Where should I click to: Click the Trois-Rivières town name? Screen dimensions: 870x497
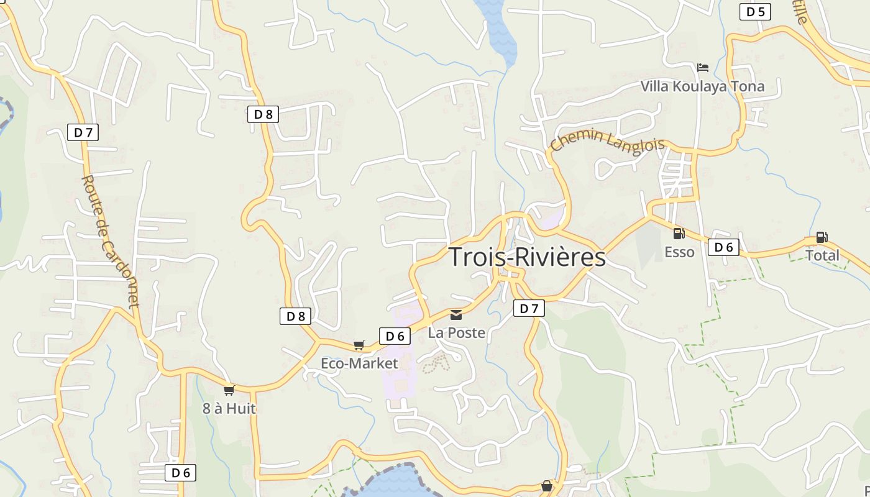click(x=527, y=257)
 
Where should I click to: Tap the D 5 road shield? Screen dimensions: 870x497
click(x=755, y=12)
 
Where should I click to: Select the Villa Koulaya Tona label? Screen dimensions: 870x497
click(x=702, y=86)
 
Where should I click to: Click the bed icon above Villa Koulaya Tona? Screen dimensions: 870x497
click(x=703, y=67)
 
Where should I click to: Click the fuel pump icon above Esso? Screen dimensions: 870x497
click(x=679, y=234)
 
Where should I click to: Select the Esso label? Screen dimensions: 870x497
click(x=679, y=252)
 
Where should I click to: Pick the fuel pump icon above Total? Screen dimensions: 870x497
click(x=822, y=237)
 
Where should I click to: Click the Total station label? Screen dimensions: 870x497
click(x=822, y=255)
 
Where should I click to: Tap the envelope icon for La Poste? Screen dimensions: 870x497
click(x=457, y=315)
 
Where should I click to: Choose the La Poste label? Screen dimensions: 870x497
click(x=457, y=333)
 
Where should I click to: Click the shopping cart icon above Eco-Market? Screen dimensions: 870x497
click(x=359, y=345)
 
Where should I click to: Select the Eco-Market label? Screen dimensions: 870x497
click(x=359, y=363)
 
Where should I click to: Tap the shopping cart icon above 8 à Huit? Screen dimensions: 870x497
click(x=229, y=390)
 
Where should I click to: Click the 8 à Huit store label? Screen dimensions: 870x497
click(x=229, y=409)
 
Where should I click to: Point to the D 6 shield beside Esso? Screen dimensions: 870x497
click(x=724, y=247)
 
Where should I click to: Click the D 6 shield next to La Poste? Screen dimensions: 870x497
click(x=395, y=336)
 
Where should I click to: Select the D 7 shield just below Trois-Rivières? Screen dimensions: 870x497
click(x=529, y=308)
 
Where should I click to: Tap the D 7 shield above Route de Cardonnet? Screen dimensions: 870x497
click(x=83, y=132)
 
